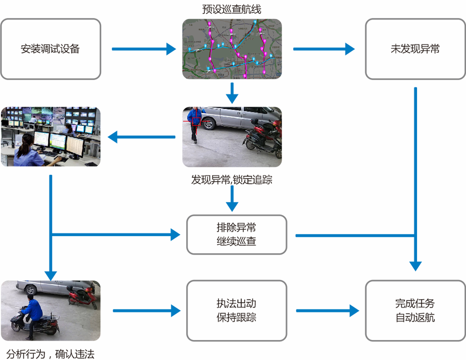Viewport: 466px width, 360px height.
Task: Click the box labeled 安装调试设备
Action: click(50, 49)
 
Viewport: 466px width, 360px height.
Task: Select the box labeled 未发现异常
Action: click(415, 49)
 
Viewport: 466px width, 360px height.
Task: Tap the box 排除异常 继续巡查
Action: click(236, 235)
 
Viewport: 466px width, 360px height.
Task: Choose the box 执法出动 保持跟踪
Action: click(236, 310)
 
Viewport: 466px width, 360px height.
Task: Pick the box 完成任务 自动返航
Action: click(415, 310)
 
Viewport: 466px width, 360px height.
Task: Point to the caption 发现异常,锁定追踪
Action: click(232, 180)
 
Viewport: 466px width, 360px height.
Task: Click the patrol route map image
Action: click(232, 49)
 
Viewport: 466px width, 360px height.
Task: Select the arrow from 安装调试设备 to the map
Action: click(143, 49)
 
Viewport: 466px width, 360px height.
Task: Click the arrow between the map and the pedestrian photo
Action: click(233, 93)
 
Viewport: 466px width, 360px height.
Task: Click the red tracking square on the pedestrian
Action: click(196, 121)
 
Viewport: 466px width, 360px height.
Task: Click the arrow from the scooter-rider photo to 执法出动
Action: click(144, 310)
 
